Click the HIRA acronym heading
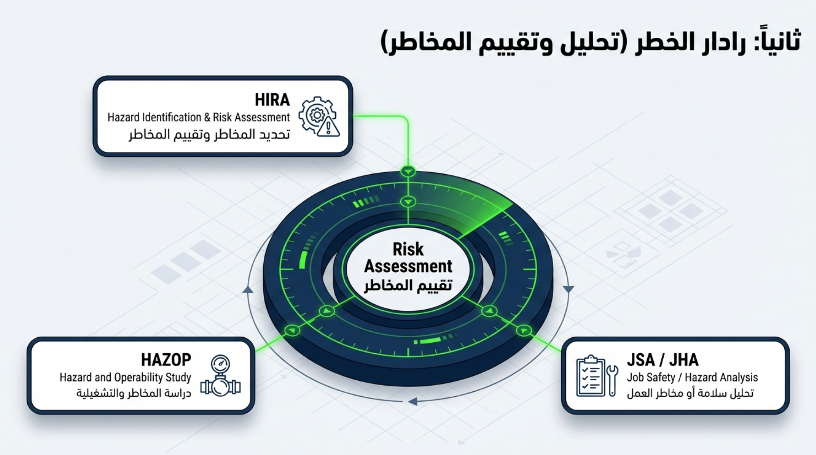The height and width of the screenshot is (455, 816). click(x=272, y=100)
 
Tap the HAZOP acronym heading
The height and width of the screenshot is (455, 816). click(x=166, y=360)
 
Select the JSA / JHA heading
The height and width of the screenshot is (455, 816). click(x=663, y=360)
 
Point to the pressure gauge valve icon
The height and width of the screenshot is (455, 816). click(x=221, y=375)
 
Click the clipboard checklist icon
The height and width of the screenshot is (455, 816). click(x=591, y=375)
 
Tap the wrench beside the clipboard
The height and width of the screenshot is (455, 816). click(x=612, y=380)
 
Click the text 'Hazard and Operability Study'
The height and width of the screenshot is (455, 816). click(x=125, y=378)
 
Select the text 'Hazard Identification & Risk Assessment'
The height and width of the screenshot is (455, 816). click(x=199, y=117)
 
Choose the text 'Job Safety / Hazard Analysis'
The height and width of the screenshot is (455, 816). click(x=692, y=378)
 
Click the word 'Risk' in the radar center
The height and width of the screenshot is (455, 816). click(x=408, y=249)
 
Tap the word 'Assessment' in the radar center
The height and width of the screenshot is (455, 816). click(x=408, y=266)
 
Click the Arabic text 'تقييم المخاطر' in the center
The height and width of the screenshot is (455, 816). click(x=408, y=285)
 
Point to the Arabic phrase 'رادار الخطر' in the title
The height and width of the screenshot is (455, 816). click(x=686, y=42)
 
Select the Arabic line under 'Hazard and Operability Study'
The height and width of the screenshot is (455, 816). click(x=134, y=394)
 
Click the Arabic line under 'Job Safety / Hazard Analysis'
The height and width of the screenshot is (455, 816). click(x=690, y=394)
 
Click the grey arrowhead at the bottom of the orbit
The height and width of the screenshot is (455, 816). click(x=412, y=402)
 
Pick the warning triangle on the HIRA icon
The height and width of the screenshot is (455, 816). click(x=328, y=127)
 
